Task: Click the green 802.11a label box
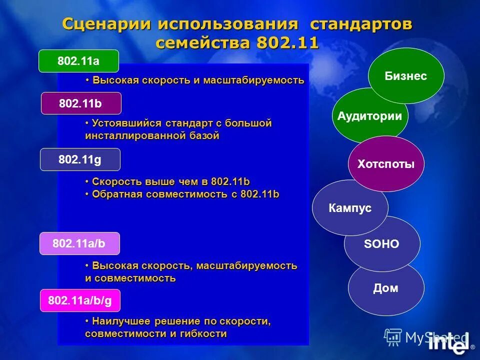tap(79, 61)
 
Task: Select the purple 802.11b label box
tap(81, 103)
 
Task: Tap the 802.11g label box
tap(80, 159)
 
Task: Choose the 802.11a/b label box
tap(80, 243)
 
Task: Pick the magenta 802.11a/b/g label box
tap(80, 300)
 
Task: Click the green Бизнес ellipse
tap(406, 76)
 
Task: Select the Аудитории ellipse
tap(369, 116)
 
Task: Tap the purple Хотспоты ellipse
tap(386, 164)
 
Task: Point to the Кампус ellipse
tap(350, 208)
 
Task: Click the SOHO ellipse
tap(382, 244)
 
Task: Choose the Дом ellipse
tap(386, 288)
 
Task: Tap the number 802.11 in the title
tap(287, 42)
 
